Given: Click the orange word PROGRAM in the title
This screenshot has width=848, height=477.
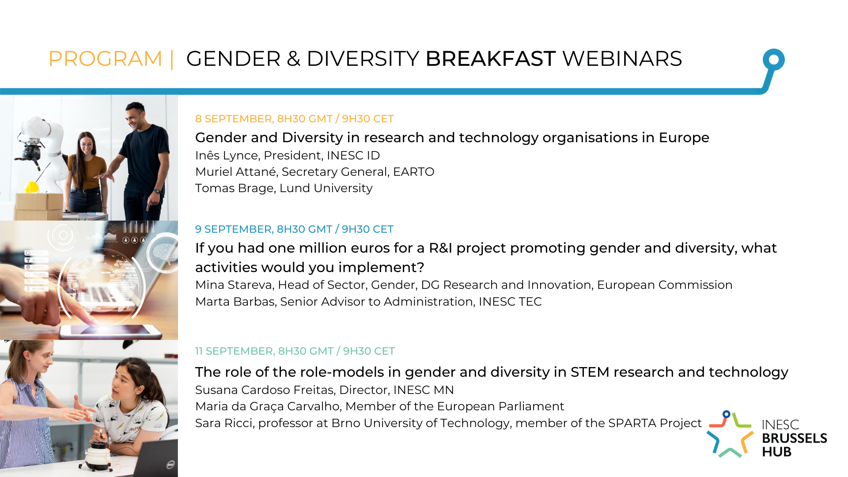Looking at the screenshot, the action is click(106, 59).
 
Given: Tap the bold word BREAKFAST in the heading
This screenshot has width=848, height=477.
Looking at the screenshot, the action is click(490, 59).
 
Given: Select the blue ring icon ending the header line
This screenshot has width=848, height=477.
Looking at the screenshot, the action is click(774, 59).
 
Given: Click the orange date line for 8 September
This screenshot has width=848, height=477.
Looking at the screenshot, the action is click(295, 119).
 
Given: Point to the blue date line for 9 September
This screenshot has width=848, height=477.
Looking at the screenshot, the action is click(294, 229).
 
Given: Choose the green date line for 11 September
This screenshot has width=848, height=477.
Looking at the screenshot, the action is click(295, 351).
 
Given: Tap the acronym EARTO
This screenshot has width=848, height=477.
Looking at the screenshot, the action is click(414, 172).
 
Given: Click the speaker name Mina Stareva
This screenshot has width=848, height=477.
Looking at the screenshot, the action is click(233, 285).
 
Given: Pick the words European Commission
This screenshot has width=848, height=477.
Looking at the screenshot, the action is click(665, 285).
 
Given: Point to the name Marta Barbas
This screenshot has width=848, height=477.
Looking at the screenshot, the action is click(235, 302).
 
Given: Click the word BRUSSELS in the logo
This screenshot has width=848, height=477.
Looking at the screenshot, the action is click(795, 438).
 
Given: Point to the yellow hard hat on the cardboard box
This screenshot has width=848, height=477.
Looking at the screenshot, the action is click(32, 187).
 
